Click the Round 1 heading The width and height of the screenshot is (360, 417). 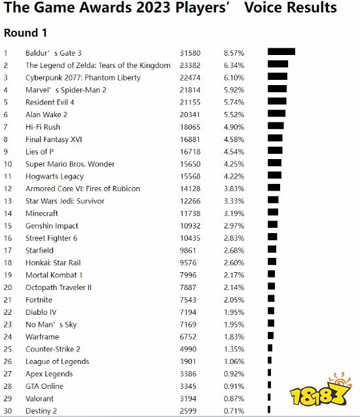[x=26, y=33]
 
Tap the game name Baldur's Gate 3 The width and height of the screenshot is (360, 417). [x=54, y=53]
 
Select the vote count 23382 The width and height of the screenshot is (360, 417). [x=190, y=65]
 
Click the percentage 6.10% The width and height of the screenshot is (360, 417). [x=234, y=78]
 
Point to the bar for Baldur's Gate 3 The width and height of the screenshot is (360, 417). [x=281, y=52]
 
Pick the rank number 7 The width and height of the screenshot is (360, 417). [x=6, y=127]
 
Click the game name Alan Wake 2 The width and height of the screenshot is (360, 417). [x=46, y=115]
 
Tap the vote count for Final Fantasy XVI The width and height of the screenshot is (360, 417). [x=190, y=139]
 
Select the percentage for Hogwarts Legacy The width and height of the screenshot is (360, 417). [x=234, y=176]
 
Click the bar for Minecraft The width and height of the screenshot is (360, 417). [x=273, y=212]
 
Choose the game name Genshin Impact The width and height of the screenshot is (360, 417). [x=52, y=226]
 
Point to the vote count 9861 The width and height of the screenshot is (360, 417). [x=188, y=250]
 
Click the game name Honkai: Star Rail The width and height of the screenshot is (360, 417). [x=53, y=263]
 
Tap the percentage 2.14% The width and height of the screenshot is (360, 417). [x=234, y=287]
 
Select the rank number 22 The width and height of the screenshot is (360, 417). [x=8, y=312]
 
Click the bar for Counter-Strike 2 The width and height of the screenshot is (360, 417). [x=270, y=348]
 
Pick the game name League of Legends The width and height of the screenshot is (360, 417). [x=57, y=361]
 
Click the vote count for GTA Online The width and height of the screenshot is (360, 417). [x=188, y=386]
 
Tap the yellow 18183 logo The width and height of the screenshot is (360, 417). [x=321, y=390]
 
